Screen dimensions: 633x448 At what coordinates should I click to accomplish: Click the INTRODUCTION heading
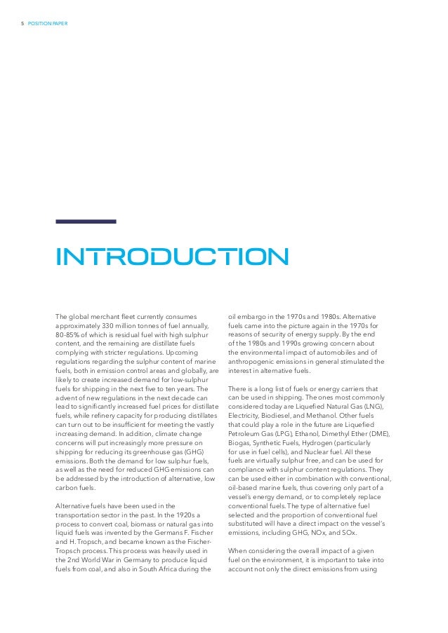coord(172,257)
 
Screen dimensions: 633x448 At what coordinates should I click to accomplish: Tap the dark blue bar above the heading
coord(86,222)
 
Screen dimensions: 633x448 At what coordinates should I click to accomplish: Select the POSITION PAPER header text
coord(48,26)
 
